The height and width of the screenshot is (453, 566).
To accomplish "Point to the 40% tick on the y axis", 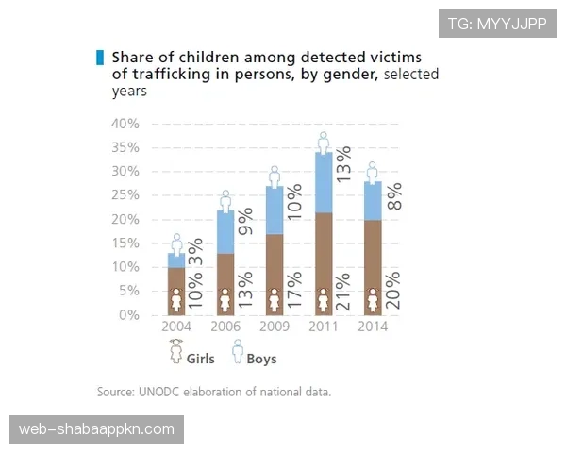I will click(125, 124).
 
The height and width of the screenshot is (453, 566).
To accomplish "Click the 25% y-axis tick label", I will click(125, 195).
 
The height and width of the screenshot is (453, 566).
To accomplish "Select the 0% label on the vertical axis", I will click(128, 315).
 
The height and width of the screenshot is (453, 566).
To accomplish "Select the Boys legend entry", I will click(255, 358).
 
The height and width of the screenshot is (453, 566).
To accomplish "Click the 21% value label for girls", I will click(344, 293).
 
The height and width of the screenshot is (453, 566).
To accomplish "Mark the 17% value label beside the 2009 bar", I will click(294, 293).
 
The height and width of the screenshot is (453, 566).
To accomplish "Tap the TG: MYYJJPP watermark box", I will click(497, 24).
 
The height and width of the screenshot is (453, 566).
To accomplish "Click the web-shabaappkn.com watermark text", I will click(97, 429).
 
